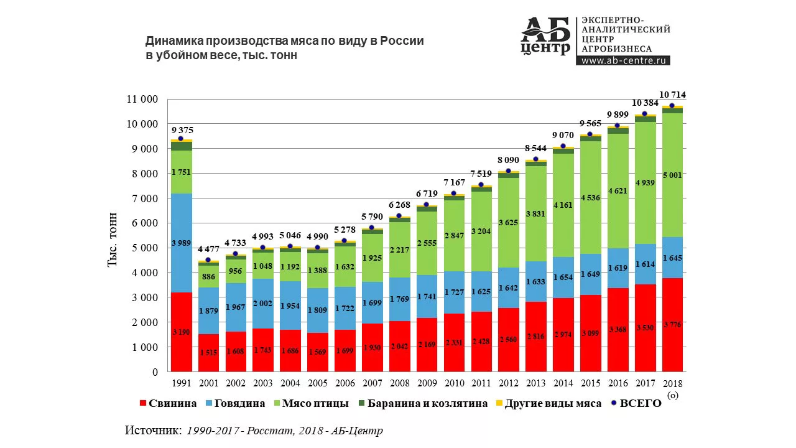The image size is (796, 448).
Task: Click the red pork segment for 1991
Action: (x=181, y=332)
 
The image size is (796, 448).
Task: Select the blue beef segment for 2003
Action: (x=262, y=304)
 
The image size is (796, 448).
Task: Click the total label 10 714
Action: (x=672, y=95)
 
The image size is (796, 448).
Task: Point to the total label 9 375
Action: (x=181, y=130)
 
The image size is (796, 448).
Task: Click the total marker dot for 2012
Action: (x=508, y=170)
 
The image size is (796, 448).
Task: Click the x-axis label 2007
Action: (x=372, y=383)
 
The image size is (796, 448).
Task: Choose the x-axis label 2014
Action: (x=563, y=383)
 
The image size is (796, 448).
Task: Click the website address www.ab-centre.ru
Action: (x=622, y=60)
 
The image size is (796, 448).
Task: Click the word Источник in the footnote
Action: (x=153, y=431)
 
